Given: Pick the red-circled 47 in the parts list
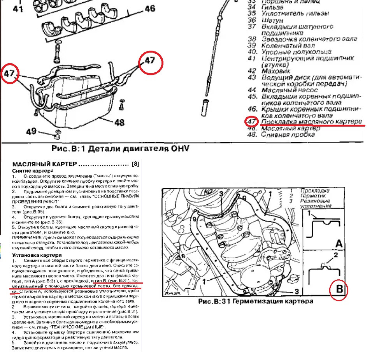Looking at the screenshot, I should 252,122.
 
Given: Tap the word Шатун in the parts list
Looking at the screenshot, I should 272,20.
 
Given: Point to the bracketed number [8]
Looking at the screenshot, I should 136,164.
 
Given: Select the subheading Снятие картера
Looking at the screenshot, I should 33,171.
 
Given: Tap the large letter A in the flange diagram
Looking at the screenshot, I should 339,244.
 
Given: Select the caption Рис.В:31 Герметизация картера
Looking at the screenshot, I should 256,301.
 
